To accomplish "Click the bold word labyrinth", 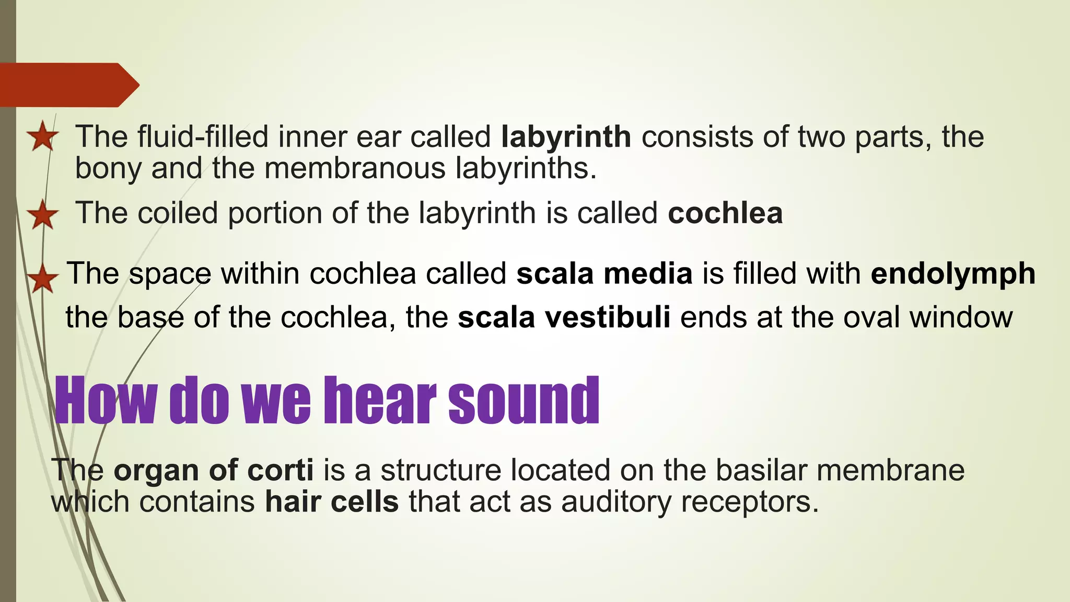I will (566, 137).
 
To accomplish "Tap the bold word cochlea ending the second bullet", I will (725, 213).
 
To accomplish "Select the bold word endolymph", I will (953, 274).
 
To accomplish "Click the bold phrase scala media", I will (604, 274).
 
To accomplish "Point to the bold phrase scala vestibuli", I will (564, 317).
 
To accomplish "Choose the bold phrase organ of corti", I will (214, 470).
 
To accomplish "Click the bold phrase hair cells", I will (332, 502).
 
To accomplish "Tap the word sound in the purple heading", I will (524, 401).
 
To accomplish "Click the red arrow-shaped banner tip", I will (128, 85).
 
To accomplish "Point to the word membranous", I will (355, 169).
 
